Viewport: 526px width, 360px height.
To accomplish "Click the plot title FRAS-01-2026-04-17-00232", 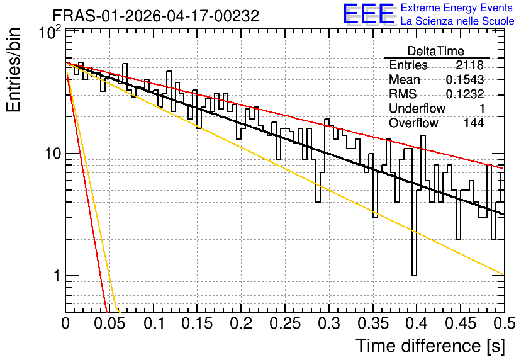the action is click(156, 16).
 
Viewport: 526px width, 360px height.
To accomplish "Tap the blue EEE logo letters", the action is click(369, 14).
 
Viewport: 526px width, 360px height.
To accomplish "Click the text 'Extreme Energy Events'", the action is click(457, 8).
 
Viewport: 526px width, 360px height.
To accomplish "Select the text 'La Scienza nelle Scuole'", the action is click(457, 21).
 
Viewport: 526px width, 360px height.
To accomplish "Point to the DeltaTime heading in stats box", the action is click(436, 51).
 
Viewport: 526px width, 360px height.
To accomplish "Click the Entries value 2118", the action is click(469, 65).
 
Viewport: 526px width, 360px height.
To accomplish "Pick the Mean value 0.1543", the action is click(465, 79).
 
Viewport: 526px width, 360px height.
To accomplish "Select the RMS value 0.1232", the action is click(465, 94).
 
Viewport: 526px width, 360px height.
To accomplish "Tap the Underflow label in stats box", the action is click(417, 108).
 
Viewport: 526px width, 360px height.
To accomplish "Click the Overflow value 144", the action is click(474, 123).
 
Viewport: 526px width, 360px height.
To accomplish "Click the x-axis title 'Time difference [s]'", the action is click(430, 346).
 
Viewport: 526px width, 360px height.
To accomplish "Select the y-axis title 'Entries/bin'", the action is click(13, 70).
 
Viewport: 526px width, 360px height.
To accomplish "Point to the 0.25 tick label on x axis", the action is click(285, 323).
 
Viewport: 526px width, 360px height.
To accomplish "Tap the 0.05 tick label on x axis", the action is click(109, 323).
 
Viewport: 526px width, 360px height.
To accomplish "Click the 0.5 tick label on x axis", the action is click(505, 323).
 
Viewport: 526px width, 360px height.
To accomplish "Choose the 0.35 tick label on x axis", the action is click(372, 323).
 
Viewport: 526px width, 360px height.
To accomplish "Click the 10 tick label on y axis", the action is click(53, 154).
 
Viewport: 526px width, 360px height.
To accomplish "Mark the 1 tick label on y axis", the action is click(57, 276).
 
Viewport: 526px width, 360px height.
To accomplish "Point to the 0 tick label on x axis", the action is click(65, 323).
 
